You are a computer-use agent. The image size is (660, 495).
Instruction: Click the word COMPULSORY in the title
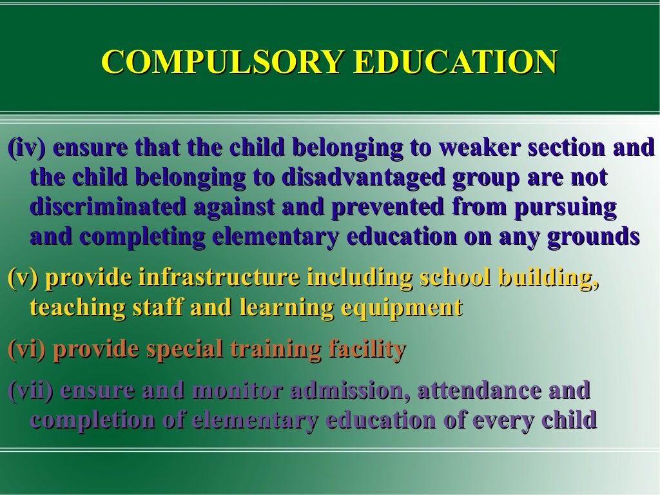(222, 62)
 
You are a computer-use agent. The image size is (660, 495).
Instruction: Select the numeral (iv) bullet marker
(26, 148)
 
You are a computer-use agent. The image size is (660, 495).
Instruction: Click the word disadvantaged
(364, 177)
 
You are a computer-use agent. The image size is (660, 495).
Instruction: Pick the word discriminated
(108, 206)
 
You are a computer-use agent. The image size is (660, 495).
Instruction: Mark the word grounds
(594, 237)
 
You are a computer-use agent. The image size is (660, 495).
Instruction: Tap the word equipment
(402, 308)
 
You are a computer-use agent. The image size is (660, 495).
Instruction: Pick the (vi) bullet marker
(26, 350)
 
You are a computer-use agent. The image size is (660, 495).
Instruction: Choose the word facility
(367, 350)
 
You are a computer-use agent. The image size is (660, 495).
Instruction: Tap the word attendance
(479, 390)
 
